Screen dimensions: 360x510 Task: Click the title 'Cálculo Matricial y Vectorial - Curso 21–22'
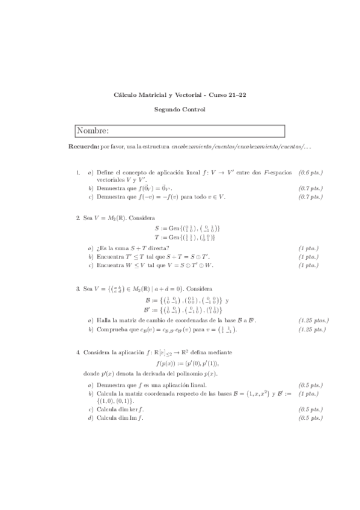(x=179, y=94)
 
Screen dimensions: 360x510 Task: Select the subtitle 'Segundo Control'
(x=179, y=109)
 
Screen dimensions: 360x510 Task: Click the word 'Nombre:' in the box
(x=93, y=131)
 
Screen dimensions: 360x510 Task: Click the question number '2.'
(x=78, y=217)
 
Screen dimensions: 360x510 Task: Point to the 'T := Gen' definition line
(x=185, y=238)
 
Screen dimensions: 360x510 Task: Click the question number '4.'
(x=78, y=351)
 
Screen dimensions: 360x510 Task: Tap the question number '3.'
(x=78, y=289)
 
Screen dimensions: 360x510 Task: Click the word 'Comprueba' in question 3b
(x=110, y=330)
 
